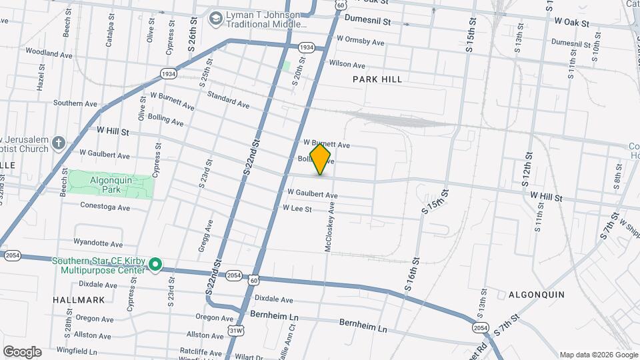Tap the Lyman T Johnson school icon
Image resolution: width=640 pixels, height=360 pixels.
pyautogui.click(x=215, y=19)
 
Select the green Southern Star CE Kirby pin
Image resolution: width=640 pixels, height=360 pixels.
pyautogui.click(x=155, y=265)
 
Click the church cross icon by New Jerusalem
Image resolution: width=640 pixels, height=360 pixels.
pyautogui.click(x=59, y=143)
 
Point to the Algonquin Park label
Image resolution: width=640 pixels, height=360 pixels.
pyautogui.click(x=110, y=185)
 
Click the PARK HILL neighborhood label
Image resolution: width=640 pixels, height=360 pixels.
pyautogui.click(x=377, y=79)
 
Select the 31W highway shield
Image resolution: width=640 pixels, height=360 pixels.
pyautogui.click(x=235, y=330)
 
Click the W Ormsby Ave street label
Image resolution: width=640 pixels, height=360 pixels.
pyautogui.click(x=361, y=42)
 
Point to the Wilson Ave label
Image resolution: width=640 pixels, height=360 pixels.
pyautogui.click(x=347, y=65)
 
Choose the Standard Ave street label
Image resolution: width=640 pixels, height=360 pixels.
pyautogui.click(x=228, y=101)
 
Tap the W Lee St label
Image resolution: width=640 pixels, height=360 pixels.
pyautogui.click(x=297, y=209)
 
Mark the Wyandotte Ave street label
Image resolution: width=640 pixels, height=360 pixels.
pyautogui.click(x=98, y=244)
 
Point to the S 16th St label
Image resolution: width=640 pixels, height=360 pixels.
pyautogui.click(x=415, y=271)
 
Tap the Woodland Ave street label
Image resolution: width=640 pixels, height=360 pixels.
pyautogui.click(x=49, y=53)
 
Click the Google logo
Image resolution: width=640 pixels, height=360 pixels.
pyautogui.click(x=22, y=352)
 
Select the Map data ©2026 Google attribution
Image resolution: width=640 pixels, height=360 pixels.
pyautogui.click(x=598, y=355)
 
